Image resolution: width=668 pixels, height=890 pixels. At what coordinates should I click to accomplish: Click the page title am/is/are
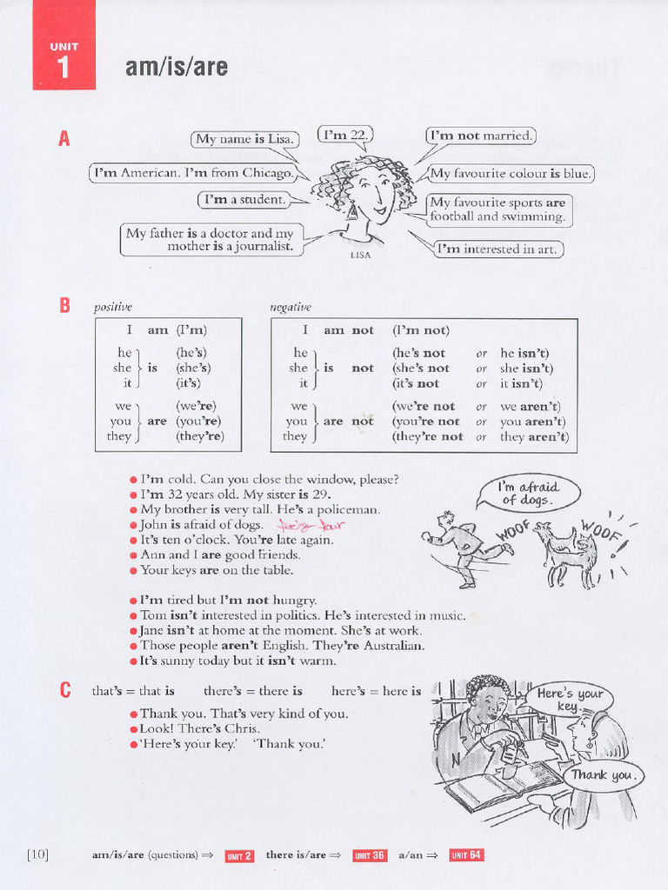pyautogui.click(x=177, y=66)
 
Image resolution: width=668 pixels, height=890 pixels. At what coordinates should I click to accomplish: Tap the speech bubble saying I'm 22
pyautogui.click(x=344, y=135)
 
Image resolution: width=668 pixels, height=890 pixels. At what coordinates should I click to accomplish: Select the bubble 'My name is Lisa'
pyautogui.click(x=244, y=139)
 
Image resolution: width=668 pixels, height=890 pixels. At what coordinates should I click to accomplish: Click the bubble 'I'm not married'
pyautogui.click(x=480, y=136)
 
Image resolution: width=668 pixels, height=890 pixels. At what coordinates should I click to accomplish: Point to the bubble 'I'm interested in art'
pyautogui.click(x=498, y=249)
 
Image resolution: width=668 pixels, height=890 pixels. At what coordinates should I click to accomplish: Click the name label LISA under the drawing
pyautogui.click(x=360, y=256)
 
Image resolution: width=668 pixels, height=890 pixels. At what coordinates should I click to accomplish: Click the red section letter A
pyautogui.click(x=63, y=138)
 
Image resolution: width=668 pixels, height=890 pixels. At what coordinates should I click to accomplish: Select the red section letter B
pyautogui.click(x=63, y=306)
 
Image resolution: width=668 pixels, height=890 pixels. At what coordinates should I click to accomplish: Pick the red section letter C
pyautogui.click(x=64, y=691)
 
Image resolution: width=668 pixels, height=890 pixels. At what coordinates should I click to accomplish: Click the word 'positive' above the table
pyautogui.click(x=113, y=307)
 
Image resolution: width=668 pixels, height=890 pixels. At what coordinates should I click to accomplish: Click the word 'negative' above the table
pyautogui.click(x=291, y=307)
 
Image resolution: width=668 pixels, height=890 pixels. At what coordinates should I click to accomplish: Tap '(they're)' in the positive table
pyautogui.click(x=200, y=436)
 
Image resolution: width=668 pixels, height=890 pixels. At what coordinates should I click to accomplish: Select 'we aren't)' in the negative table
pyautogui.click(x=531, y=406)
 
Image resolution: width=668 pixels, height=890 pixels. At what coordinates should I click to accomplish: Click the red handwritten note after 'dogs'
pyautogui.click(x=311, y=526)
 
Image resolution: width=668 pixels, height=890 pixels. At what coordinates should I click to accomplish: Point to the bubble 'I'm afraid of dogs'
pyautogui.click(x=528, y=494)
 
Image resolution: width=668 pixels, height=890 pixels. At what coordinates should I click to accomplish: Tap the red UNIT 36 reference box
pyautogui.click(x=369, y=855)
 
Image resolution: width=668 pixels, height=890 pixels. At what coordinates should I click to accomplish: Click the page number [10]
pyautogui.click(x=37, y=854)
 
